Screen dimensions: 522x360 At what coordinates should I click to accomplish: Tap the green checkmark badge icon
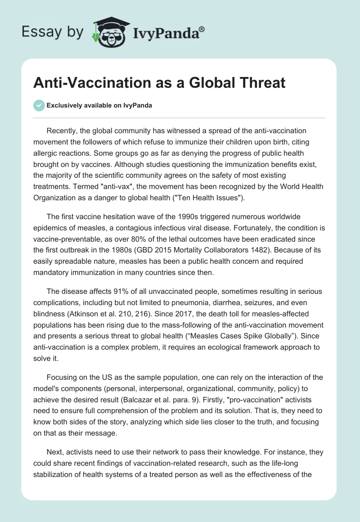point(39,105)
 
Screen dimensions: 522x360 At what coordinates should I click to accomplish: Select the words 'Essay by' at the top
point(52,31)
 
